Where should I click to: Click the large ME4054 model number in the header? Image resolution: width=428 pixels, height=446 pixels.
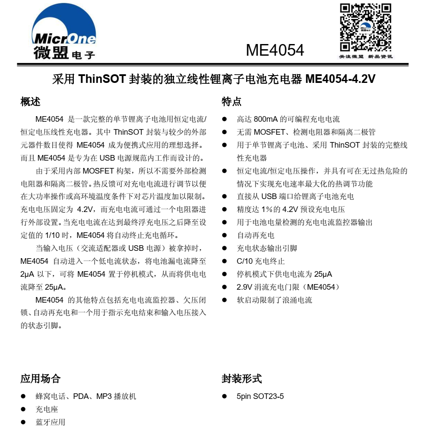pyautogui.click(x=275, y=51)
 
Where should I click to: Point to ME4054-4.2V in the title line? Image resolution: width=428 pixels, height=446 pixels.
pyautogui.click(x=340, y=79)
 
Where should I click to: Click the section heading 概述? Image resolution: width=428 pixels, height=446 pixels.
pyautogui.click(x=30, y=102)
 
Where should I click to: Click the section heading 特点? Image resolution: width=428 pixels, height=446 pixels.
pyautogui.click(x=231, y=102)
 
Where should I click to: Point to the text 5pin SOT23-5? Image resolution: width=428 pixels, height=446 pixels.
pyautogui.click(x=260, y=396)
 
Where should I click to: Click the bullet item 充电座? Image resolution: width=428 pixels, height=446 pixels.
pyautogui.click(x=47, y=409)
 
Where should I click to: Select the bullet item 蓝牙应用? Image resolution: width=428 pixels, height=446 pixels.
pyautogui.click(x=50, y=422)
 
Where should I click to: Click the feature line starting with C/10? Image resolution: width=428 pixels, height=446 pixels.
pyautogui.click(x=260, y=261)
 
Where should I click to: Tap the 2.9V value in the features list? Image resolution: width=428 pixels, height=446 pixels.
pyautogui.click(x=244, y=287)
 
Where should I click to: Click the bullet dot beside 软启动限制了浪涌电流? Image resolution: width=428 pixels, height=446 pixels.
pyautogui.click(x=224, y=300)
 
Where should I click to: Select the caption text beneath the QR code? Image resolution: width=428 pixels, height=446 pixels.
pyautogui.click(x=365, y=57)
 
